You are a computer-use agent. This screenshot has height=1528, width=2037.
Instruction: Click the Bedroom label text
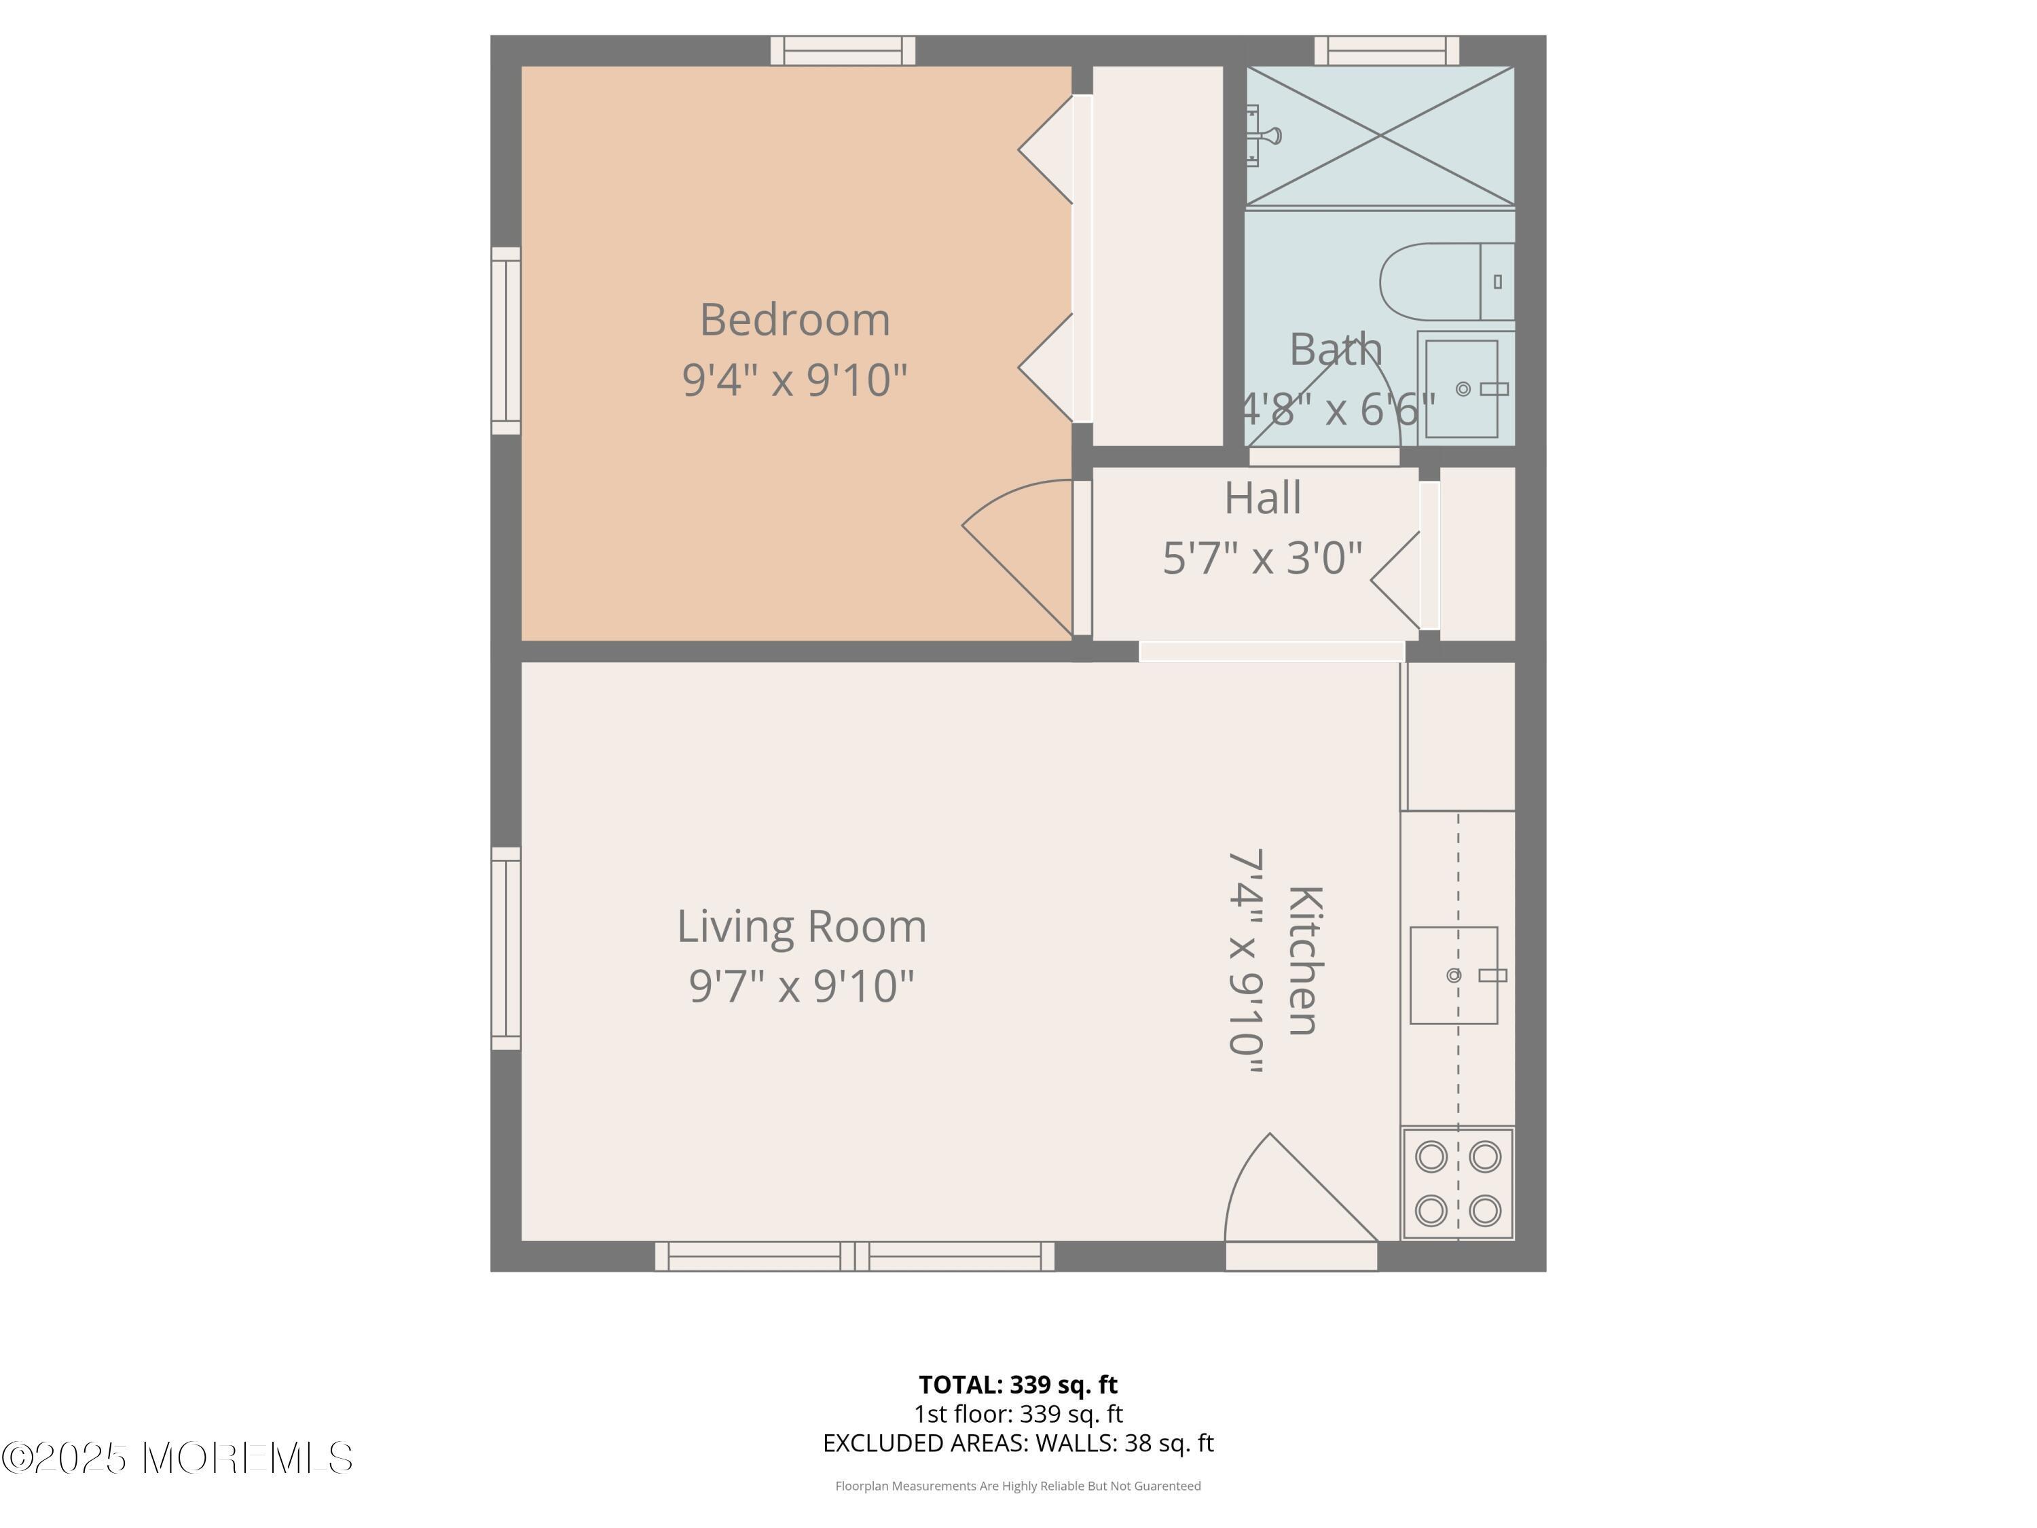pos(794,321)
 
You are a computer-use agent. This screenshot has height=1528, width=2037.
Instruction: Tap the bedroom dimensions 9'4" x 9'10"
pos(794,380)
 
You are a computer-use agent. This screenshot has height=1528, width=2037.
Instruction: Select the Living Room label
pos(801,926)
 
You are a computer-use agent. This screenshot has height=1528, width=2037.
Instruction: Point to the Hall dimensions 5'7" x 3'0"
pos(1262,558)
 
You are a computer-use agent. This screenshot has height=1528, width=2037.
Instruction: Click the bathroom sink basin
pos(1463,388)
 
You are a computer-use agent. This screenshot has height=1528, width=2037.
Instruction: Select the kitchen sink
pos(1454,975)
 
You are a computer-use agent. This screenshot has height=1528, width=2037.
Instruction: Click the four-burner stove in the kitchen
pos(1458,1184)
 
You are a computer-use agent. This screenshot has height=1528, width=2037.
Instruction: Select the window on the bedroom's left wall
pos(506,341)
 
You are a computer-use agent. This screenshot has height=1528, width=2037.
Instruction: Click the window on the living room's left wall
pos(506,948)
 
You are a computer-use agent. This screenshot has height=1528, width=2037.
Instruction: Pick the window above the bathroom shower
pos(1386,51)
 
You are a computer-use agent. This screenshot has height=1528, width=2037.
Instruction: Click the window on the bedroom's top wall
pos(843,51)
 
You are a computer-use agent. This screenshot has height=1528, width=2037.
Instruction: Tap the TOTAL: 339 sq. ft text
pos(1018,1384)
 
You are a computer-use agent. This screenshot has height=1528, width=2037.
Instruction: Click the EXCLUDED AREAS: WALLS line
pos(1018,1443)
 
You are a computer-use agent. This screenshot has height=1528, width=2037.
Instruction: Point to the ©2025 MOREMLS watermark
pos(177,1458)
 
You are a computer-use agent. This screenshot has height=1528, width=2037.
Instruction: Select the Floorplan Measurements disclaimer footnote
pos(1018,1486)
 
